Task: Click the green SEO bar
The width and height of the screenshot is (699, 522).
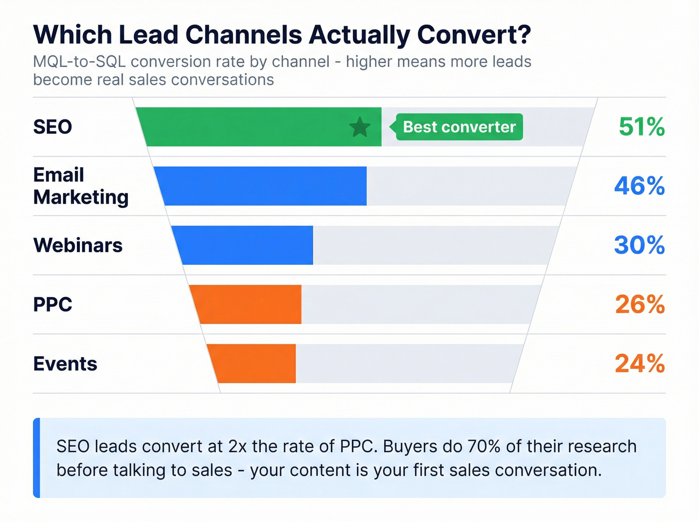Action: click(x=250, y=127)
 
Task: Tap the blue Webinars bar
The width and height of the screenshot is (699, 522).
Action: click(x=245, y=245)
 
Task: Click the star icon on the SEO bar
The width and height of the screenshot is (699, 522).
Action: click(x=359, y=127)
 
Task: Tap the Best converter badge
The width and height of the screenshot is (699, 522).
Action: click(x=459, y=127)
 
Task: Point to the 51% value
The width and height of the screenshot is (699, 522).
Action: click(x=641, y=127)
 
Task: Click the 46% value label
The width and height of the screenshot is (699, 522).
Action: click(x=639, y=186)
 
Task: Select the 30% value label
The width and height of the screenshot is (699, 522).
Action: click(x=639, y=245)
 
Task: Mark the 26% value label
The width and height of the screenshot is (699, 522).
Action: click(x=640, y=304)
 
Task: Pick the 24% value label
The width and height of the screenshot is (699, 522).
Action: click(x=640, y=364)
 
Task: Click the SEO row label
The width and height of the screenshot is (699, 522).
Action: click(x=52, y=127)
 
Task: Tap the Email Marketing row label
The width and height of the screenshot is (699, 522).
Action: click(x=80, y=186)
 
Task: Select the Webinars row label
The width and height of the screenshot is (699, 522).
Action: click(x=77, y=245)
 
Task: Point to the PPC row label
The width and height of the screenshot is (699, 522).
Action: click(x=52, y=304)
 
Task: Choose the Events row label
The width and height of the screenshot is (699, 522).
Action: click(x=65, y=364)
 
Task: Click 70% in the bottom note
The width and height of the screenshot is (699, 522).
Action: click(x=484, y=446)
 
